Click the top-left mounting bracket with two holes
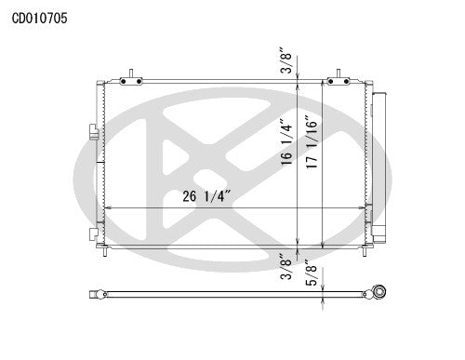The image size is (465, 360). point(131,82)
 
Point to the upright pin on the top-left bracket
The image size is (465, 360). point(132,73)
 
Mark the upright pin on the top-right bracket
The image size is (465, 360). point(339,73)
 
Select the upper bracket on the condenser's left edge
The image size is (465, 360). point(92,130)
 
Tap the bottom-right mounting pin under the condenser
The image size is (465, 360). point(365,250)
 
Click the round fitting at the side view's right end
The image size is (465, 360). point(379,293)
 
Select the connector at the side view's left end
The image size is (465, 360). point(95,295)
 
